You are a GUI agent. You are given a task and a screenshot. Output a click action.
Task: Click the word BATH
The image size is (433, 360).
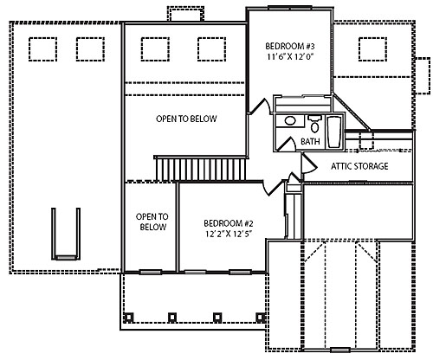click(x=309, y=141)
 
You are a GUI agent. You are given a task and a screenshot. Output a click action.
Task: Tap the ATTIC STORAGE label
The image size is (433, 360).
click(x=359, y=166)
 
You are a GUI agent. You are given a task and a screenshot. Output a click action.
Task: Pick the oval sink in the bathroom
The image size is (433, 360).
click(x=290, y=122)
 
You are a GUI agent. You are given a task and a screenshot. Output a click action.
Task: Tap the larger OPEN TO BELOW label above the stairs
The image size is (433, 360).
click(x=186, y=119)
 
